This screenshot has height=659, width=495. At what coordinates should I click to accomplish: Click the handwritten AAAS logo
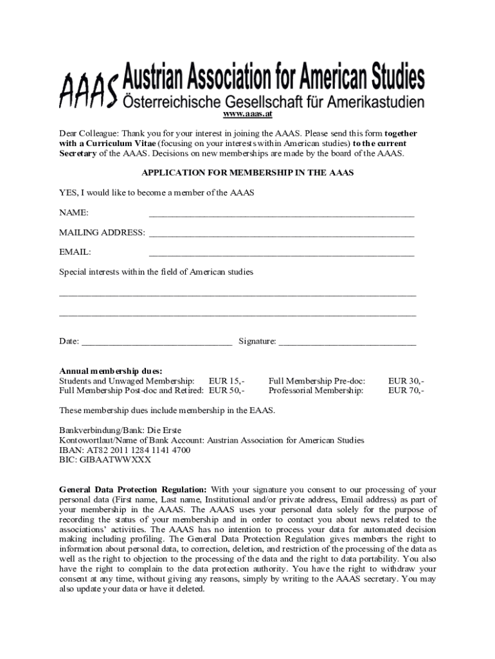(x=89, y=89)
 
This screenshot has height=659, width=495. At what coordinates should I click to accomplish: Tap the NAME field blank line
(x=281, y=214)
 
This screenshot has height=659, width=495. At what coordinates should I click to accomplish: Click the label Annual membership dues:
(x=111, y=371)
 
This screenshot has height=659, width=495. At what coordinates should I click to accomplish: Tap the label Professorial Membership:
(x=316, y=391)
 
